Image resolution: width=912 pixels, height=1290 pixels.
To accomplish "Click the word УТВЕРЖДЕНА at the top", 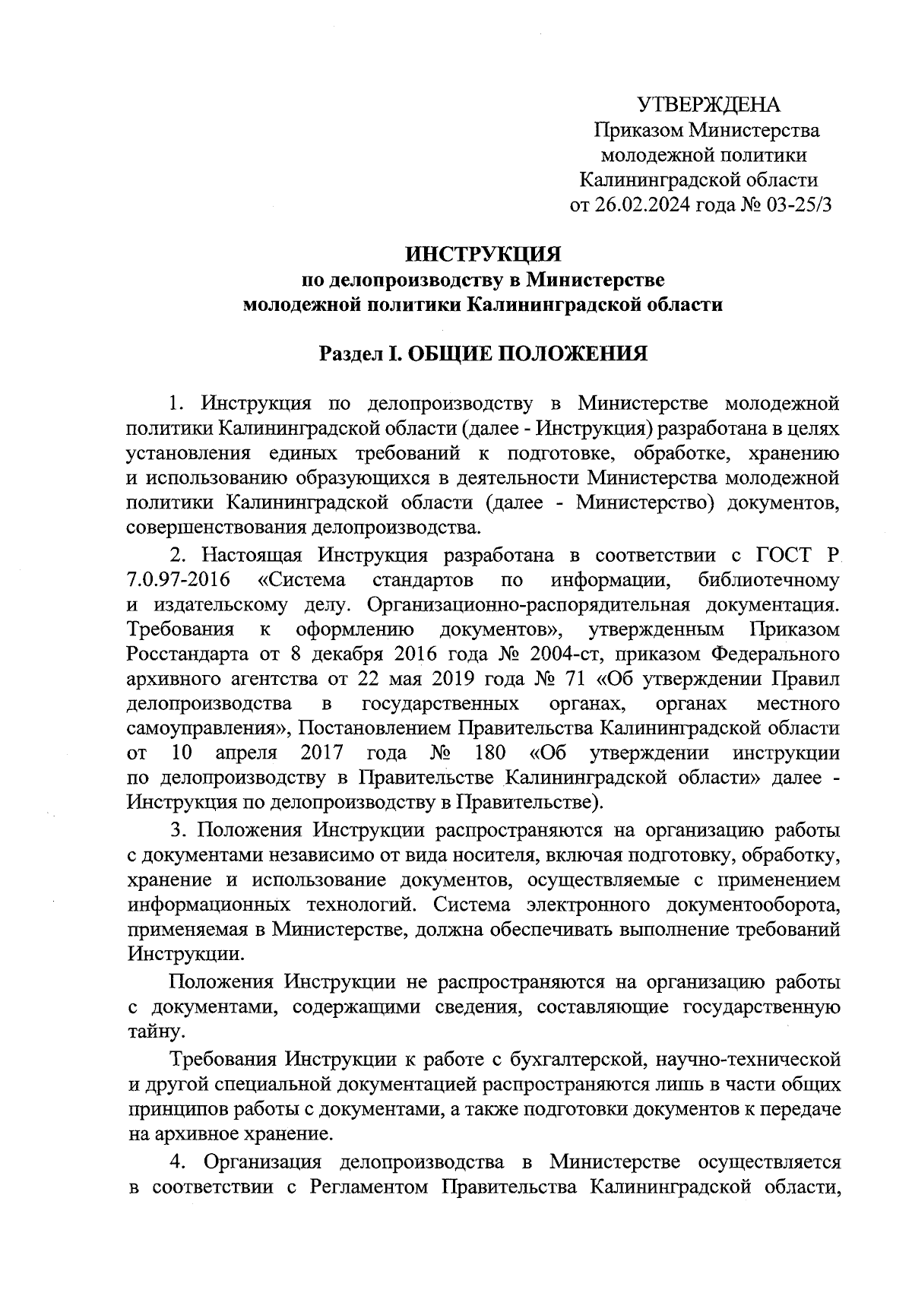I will [708, 104].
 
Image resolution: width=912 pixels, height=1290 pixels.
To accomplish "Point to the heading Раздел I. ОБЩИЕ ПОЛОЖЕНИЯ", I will [483, 353].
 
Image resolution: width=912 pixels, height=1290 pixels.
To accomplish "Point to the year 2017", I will [322, 753].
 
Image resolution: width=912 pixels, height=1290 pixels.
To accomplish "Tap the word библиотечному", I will [768, 581].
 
